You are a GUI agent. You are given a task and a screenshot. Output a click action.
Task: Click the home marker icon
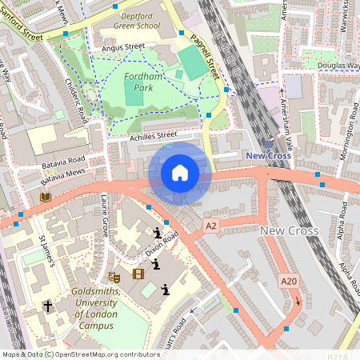pos(180,172)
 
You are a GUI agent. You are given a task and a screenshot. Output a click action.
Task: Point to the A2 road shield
pos(210,226)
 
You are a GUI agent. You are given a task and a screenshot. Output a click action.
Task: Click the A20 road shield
pos(289,281)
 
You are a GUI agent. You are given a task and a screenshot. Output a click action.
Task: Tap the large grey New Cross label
pos(290,230)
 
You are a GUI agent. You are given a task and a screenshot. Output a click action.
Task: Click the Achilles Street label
pos(153,137)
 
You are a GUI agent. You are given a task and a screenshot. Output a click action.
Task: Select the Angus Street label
pos(118,47)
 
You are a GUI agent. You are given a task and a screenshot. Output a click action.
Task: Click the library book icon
pos(45,197)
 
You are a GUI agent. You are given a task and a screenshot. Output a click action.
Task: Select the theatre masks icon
pos(114,275)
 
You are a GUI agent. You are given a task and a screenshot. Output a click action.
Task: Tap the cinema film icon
pos(139,275)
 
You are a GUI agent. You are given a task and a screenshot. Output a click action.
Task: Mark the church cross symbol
pos(47,306)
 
